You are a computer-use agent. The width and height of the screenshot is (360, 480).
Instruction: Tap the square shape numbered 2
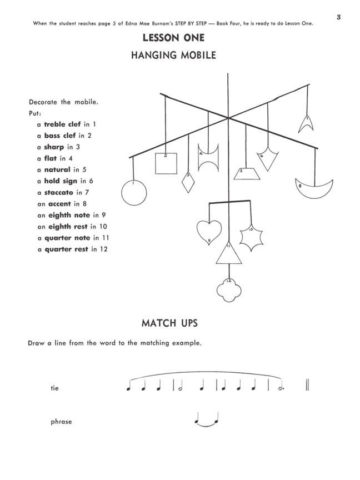click(166, 163)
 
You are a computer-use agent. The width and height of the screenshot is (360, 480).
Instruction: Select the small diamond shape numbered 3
click(188, 182)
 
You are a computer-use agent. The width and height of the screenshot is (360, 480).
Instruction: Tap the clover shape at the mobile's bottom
click(228, 289)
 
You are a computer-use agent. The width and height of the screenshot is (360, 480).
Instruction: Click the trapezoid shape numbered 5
click(245, 173)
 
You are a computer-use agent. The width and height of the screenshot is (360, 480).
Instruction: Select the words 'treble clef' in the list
click(63, 124)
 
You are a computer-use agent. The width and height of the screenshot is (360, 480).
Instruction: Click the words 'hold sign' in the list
click(61, 181)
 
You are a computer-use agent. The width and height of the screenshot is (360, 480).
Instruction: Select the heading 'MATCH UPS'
click(169, 323)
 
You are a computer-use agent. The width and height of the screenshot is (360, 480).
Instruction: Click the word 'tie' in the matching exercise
click(54, 388)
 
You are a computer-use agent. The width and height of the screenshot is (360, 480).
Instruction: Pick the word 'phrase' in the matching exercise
click(61, 422)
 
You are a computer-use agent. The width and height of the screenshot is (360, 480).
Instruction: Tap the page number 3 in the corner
click(338, 17)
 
